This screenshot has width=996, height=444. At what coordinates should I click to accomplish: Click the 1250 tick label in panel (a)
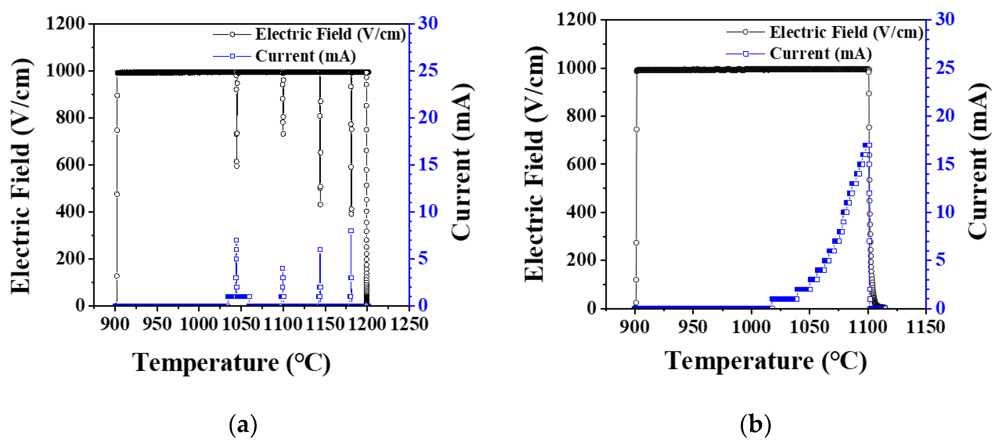click(x=409, y=324)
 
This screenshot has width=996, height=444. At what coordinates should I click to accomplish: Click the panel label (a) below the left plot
click(x=243, y=425)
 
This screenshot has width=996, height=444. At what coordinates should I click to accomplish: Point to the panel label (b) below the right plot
click(x=755, y=425)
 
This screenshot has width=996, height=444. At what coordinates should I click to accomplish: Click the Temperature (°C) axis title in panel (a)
click(x=231, y=363)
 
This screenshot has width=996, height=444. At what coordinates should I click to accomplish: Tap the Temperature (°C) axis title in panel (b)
click(x=766, y=361)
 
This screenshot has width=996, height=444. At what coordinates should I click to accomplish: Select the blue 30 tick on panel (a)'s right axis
click(x=428, y=23)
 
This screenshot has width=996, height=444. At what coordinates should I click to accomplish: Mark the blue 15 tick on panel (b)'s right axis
click(x=945, y=164)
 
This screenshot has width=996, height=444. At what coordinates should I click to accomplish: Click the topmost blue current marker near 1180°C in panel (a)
click(x=351, y=231)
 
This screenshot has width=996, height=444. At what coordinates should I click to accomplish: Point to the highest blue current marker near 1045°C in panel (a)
click(x=236, y=240)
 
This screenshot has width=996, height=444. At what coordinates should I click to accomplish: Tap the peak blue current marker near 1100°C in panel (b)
click(x=869, y=146)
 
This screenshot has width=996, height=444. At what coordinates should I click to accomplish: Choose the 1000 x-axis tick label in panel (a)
click(x=199, y=324)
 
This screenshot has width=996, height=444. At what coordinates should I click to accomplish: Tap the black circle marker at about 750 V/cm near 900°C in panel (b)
click(x=636, y=129)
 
